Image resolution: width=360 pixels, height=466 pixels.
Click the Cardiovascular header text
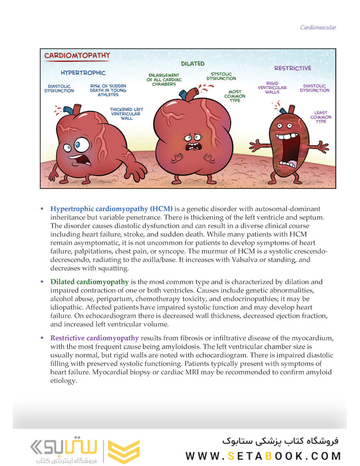click(x=318, y=28)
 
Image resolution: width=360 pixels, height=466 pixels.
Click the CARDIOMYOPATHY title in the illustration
click(x=77, y=56)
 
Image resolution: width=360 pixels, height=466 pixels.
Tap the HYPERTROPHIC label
click(x=83, y=72)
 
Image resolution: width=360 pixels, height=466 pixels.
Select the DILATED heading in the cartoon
click(x=192, y=63)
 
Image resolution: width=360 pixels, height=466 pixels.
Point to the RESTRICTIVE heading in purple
click(x=293, y=68)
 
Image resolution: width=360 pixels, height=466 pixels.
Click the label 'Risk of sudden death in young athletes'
click(x=108, y=90)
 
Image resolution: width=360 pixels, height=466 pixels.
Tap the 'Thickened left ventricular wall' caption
click(x=126, y=113)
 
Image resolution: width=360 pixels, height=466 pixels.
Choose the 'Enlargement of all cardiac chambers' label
click(x=164, y=79)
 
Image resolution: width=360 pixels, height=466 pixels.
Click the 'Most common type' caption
click(x=235, y=96)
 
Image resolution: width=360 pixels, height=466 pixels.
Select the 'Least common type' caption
click(x=321, y=117)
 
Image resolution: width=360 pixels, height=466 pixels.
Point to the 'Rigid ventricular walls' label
click(x=272, y=88)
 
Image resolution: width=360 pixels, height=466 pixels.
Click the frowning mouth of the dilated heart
click(x=191, y=147)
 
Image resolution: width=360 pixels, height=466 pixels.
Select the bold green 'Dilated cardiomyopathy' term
click(x=90, y=282)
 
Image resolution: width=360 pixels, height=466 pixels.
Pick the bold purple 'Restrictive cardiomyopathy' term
click(x=94, y=338)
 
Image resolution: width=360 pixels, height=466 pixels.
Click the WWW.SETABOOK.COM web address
click(x=263, y=456)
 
